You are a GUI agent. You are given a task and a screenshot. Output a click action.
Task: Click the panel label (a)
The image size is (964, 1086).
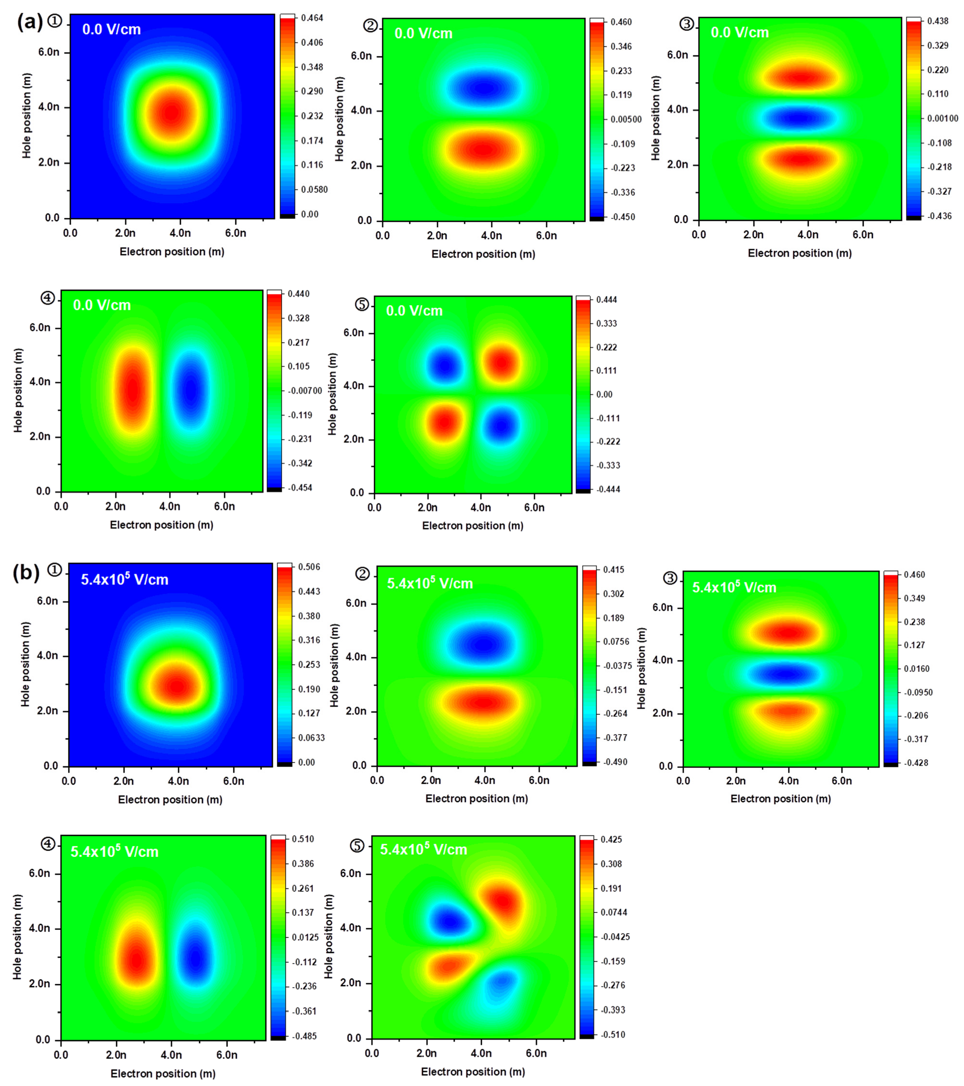click(x=29, y=22)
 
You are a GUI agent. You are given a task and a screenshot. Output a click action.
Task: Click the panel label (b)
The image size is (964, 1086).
click(x=26, y=573)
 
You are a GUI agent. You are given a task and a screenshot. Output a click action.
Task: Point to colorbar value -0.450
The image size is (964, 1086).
click(x=622, y=217)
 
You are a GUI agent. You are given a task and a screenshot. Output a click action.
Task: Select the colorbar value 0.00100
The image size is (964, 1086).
click(x=942, y=118)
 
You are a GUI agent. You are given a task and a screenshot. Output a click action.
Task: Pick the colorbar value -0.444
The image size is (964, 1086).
click(x=608, y=489)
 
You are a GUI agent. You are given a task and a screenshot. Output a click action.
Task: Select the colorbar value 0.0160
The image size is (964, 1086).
click(x=916, y=669)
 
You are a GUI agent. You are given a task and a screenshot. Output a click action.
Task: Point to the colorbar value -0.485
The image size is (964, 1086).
click(x=304, y=1035)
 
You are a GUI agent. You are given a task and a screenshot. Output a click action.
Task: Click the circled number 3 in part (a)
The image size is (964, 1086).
click(x=687, y=24)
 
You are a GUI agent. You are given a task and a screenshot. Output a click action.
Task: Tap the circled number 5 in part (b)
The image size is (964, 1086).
click(x=357, y=845)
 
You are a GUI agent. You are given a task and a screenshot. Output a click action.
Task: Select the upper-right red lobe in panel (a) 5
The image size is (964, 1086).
click(x=502, y=363)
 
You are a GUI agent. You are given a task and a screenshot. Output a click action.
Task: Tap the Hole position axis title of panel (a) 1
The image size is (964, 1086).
click(x=26, y=115)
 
